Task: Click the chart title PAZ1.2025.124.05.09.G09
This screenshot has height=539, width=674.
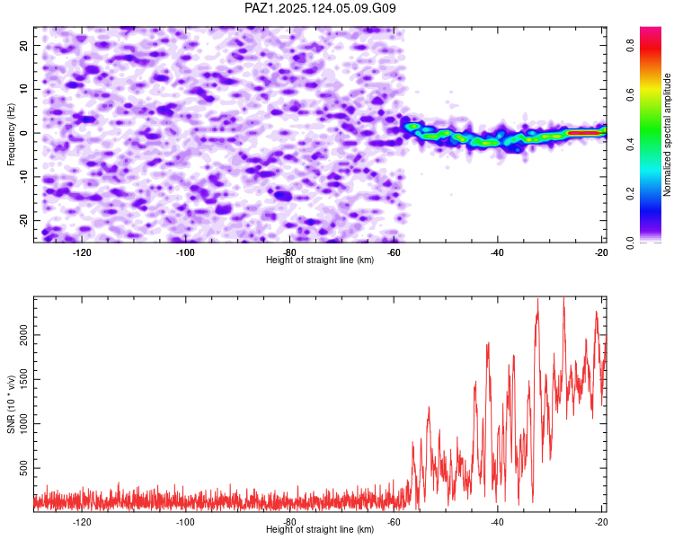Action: point(320,8)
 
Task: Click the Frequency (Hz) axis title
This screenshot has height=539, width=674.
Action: point(11,135)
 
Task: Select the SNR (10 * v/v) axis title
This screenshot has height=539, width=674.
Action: point(11,404)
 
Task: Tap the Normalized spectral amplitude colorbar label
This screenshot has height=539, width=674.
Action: point(667,135)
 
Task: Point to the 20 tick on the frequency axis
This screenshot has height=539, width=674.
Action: point(24,45)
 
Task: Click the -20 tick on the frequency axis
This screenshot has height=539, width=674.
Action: point(24,220)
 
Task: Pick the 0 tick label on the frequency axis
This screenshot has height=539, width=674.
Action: point(24,133)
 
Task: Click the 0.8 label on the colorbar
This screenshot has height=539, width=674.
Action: point(630,45)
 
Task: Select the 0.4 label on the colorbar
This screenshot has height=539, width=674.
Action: point(630,145)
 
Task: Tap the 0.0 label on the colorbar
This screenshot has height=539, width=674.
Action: point(630,243)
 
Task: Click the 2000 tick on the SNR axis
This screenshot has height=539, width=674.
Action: point(24,335)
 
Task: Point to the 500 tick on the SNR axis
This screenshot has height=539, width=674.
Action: point(24,468)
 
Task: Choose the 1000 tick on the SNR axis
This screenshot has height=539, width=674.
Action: point(24,423)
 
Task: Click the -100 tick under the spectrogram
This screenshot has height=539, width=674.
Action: point(185,252)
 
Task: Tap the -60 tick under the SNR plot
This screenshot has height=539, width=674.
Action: point(394,522)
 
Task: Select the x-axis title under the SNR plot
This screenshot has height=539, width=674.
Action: point(320,529)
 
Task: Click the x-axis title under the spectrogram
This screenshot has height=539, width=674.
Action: point(320,260)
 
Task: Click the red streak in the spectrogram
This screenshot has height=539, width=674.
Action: point(584,133)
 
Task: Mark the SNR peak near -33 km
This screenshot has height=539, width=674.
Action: point(537,300)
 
